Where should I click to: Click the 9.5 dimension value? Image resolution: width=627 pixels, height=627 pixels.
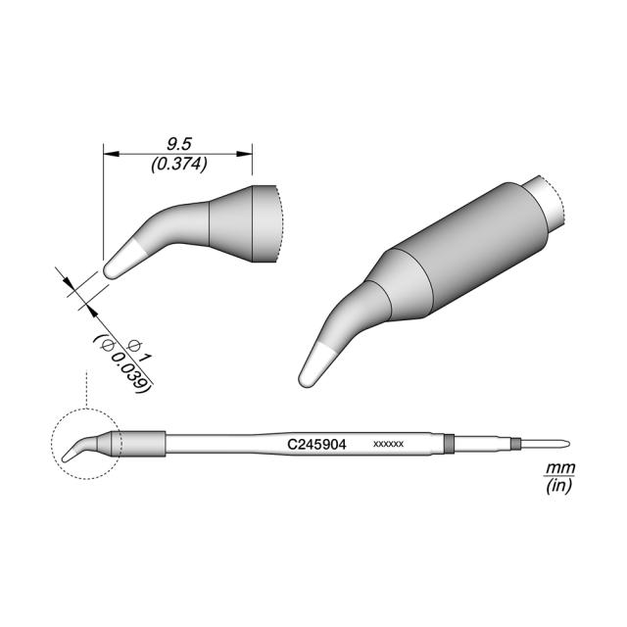(179, 144)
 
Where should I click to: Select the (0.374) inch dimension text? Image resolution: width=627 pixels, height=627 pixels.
(179, 164)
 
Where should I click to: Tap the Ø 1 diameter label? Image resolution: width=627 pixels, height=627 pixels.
(139, 349)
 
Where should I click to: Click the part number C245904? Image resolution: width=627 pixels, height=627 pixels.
(316, 444)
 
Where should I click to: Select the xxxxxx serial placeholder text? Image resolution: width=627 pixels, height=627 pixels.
(388, 444)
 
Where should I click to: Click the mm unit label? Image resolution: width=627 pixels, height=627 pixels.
(560, 467)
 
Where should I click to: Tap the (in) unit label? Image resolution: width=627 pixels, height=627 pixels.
(559, 486)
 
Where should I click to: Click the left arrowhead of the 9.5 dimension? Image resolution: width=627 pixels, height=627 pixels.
(112, 154)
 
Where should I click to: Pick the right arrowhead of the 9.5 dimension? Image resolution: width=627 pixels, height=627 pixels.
(244, 154)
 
